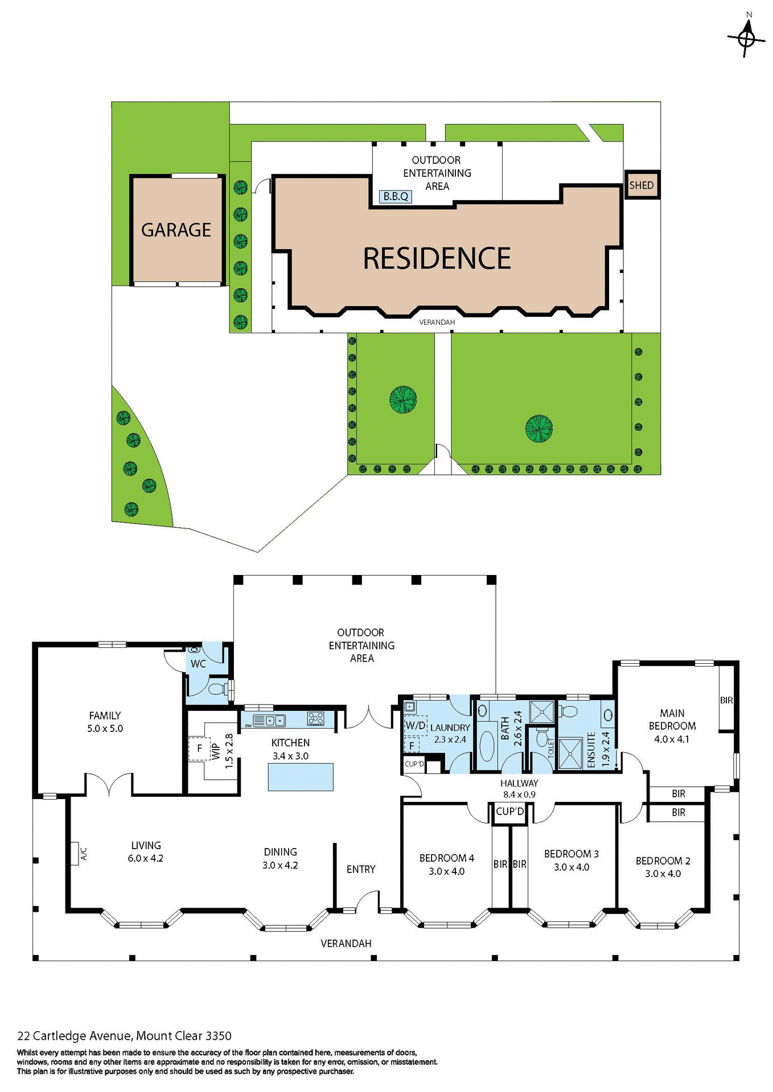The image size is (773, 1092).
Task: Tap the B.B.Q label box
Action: [x=395, y=196]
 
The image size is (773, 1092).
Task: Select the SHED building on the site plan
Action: [x=642, y=185]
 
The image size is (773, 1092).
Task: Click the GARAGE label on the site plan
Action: [x=176, y=230]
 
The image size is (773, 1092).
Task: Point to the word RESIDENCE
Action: [x=437, y=258]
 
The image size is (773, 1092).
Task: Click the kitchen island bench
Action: [x=301, y=777]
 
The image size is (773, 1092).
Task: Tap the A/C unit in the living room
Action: [x=75, y=853]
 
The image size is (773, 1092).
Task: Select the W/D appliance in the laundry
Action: [x=415, y=725]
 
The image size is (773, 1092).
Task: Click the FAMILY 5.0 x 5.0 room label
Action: [x=105, y=722]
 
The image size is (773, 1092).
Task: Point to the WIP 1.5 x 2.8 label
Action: [x=222, y=751]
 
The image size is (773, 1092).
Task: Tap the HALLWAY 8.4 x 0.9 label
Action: [x=519, y=789]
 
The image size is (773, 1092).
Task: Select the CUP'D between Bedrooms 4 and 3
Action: [x=509, y=812]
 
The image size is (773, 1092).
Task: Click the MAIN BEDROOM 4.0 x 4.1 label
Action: [x=672, y=726]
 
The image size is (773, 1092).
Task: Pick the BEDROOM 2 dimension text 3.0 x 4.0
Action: [x=663, y=874]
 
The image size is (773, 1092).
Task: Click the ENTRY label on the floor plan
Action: [x=361, y=869]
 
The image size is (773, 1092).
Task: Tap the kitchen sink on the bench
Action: [x=274, y=721]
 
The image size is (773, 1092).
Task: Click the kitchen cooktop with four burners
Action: [x=316, y=718]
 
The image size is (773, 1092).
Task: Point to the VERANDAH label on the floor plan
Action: [x=346, y=943]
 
